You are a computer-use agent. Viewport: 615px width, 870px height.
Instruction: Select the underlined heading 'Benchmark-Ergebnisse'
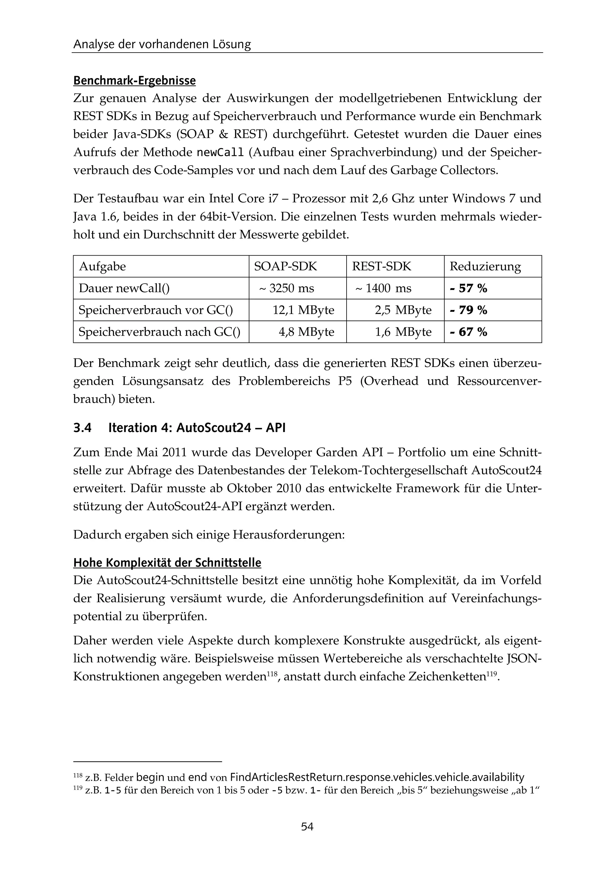point(135,81)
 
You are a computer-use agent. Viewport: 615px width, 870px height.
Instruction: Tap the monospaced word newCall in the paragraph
point(220,152)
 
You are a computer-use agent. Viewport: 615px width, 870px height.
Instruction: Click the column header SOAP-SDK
point(285,266)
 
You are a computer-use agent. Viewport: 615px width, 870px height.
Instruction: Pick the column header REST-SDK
point(381,266)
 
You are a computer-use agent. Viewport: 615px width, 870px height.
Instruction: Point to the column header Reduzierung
point(485,266)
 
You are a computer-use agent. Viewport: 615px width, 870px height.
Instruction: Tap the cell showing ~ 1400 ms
point(383,288)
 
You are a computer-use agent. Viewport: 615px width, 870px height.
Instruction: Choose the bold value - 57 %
point(468,288)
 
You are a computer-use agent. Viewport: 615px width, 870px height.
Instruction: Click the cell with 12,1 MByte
point(303,310)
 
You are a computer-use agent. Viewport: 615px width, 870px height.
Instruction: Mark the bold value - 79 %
point(468,310)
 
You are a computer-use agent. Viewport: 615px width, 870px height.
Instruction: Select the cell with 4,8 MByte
point(306,332)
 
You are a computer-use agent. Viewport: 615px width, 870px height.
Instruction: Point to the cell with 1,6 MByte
point(403,332)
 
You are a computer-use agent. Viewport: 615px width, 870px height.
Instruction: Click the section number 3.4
point(82,428)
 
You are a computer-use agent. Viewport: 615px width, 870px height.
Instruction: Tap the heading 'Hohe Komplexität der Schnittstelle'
point(167,563)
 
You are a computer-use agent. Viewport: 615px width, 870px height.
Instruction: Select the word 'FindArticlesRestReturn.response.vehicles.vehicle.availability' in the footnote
point(377,777)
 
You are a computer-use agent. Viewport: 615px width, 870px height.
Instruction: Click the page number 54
point(307,826)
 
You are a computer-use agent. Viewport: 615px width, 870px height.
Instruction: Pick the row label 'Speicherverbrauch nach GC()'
point(159,332)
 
